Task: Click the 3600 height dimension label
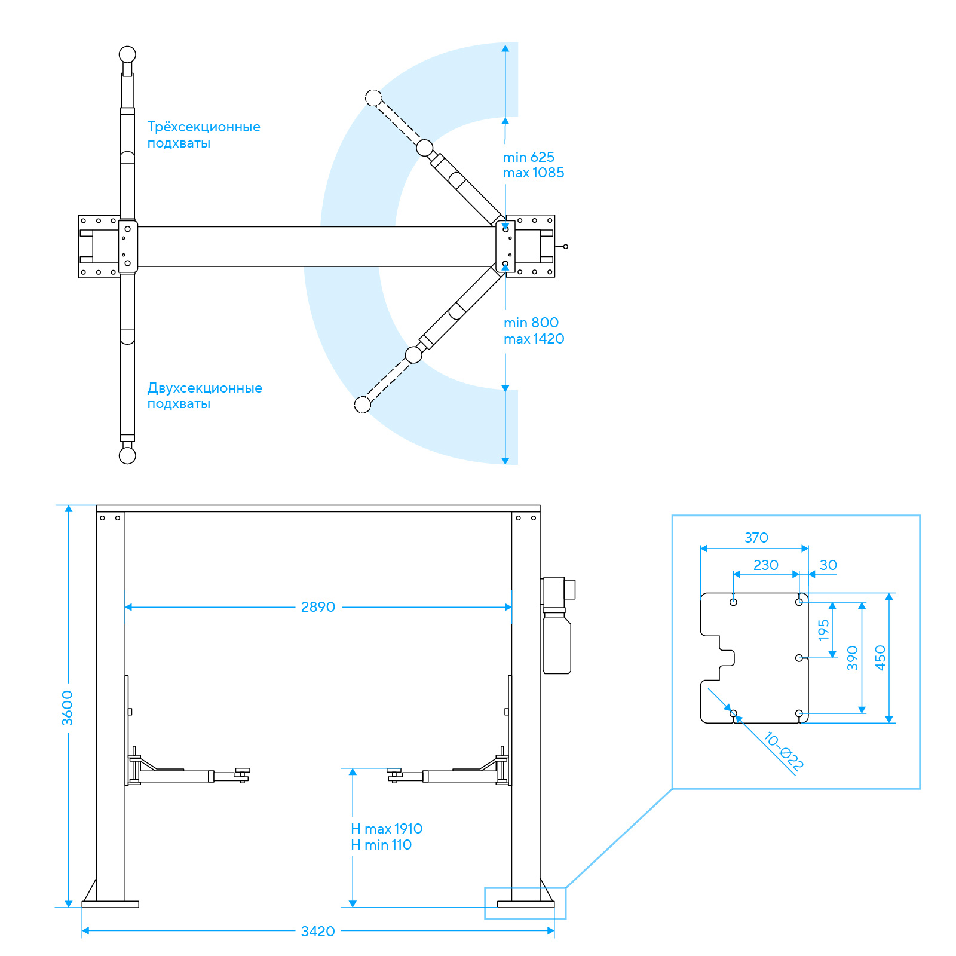68,708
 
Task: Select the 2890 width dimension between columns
318,607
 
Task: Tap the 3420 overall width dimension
318,931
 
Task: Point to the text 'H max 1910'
387,829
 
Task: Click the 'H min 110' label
381,845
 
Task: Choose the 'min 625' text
529,157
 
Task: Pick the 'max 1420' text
534,339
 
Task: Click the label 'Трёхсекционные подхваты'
204,135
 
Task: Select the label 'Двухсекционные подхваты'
204,396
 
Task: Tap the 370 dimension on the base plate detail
756,538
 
